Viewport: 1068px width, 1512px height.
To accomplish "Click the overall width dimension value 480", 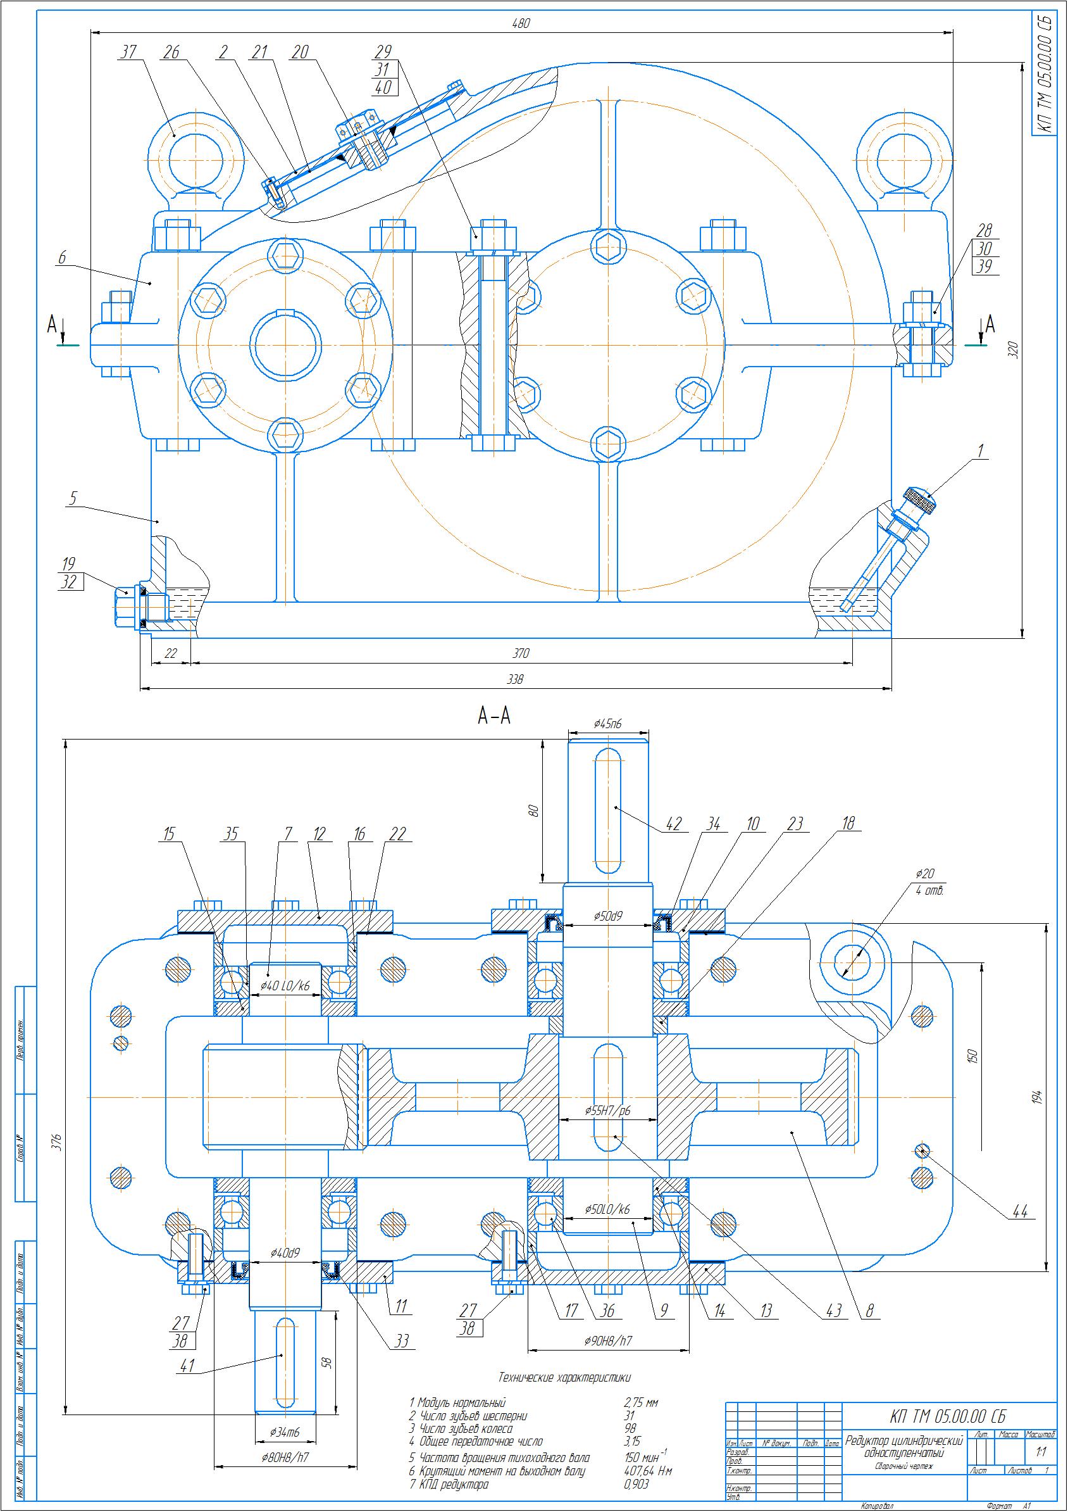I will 520,23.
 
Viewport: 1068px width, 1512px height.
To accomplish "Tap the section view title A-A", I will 494,716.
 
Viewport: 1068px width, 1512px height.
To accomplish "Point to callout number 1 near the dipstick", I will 980,450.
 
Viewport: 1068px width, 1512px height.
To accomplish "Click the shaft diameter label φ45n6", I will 607,724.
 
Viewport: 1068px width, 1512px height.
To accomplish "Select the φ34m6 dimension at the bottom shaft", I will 284,1432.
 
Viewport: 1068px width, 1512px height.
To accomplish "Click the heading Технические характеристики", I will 564,1377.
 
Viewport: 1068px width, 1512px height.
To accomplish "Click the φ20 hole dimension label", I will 924,874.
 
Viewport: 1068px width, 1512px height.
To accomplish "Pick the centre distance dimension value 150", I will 974,1055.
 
